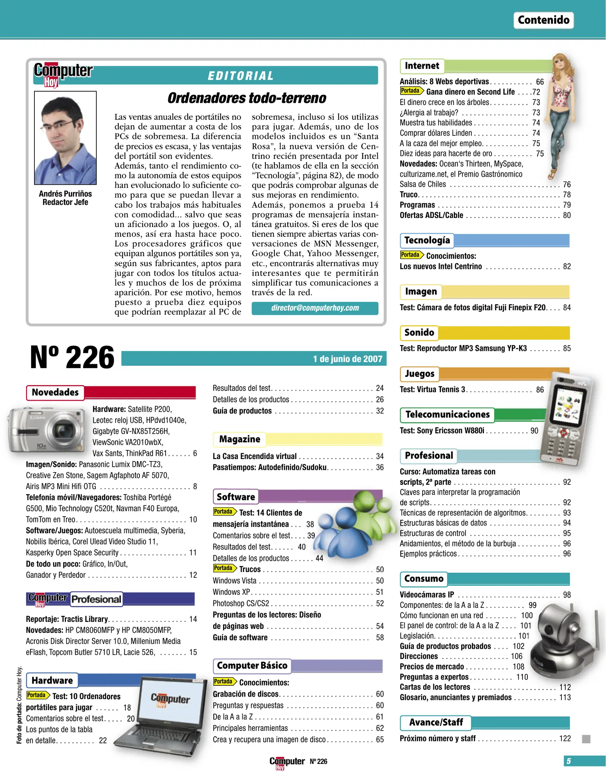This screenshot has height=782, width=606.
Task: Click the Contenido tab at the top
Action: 543,20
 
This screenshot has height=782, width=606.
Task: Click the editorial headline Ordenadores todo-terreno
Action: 247,98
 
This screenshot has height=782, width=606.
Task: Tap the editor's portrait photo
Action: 66,138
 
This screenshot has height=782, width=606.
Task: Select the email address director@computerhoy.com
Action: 315,308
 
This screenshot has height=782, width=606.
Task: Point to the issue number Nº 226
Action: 72,357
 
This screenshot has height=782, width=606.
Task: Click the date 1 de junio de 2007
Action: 347,359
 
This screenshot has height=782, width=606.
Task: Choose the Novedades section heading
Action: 55,392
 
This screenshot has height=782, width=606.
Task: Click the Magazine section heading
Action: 239,439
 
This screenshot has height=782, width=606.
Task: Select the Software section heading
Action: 236,497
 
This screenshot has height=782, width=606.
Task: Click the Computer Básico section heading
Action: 252,665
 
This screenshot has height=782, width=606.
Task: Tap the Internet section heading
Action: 422,66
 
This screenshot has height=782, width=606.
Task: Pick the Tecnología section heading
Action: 427,240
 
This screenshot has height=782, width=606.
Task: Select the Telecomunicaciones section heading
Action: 447,415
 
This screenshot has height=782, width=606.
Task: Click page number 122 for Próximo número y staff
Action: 565,739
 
